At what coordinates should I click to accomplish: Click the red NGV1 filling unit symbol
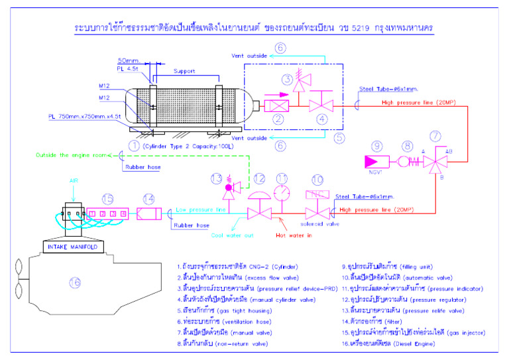point(376,160)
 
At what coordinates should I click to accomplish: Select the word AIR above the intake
point(74,180)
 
